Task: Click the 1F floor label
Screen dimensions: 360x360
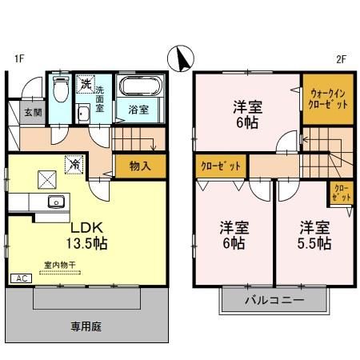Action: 17,59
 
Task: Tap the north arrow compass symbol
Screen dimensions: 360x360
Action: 181,58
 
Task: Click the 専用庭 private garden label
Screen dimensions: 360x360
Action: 86,326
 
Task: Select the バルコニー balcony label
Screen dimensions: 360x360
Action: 274,301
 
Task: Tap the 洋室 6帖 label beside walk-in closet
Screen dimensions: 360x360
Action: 247,114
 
